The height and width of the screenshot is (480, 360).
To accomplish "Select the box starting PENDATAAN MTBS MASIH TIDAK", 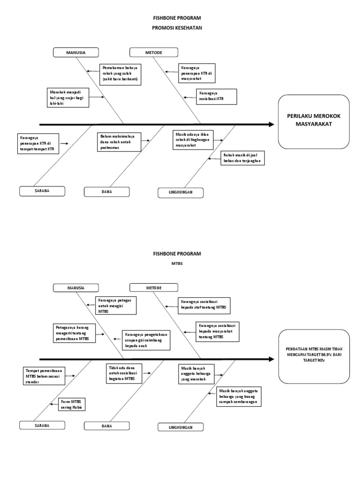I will pos(314,356).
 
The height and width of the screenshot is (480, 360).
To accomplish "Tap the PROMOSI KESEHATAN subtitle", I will pos(177,28).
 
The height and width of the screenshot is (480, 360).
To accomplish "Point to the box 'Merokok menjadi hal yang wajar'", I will pos(67,97).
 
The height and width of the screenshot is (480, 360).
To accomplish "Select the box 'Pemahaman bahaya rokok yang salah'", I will pos(120,74).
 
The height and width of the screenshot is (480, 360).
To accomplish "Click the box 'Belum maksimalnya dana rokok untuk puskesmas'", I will pos(119,142).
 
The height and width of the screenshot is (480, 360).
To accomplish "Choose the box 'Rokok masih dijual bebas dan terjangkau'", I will pos(242,158).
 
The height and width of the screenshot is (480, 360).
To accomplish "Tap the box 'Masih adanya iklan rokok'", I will pos(193,139).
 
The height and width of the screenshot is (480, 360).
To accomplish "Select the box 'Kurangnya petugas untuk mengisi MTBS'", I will pos(115,305).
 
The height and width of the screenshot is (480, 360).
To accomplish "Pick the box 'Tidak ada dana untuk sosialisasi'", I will pos(122,373).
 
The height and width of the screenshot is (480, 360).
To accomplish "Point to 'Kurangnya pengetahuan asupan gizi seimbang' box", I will pos(146,340).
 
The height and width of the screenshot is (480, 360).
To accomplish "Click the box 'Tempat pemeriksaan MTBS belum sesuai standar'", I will pos(44,375).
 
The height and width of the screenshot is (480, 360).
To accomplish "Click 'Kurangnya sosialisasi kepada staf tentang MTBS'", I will pos(204,305).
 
